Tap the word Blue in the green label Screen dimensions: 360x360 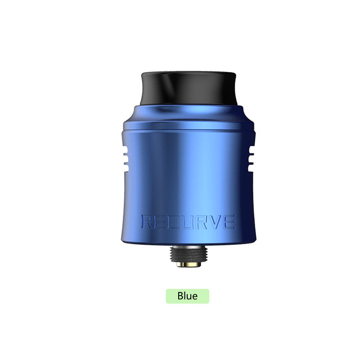point(187,296)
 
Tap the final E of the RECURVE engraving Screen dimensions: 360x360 point(229,221)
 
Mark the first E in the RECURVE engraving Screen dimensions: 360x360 point(162,221)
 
